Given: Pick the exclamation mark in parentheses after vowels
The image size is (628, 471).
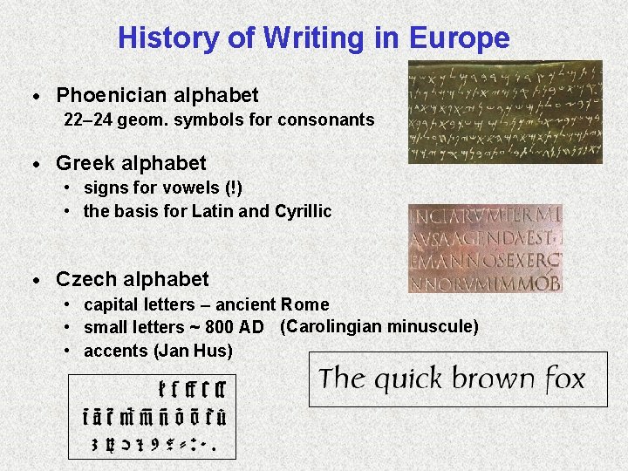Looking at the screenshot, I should (x=234, y=188).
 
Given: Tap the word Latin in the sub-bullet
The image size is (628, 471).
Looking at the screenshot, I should (x=213, y=211).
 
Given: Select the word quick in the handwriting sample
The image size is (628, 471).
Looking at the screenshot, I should (x=406, y=380).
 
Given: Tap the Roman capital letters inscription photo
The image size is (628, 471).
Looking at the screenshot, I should (x=485, y=248).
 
